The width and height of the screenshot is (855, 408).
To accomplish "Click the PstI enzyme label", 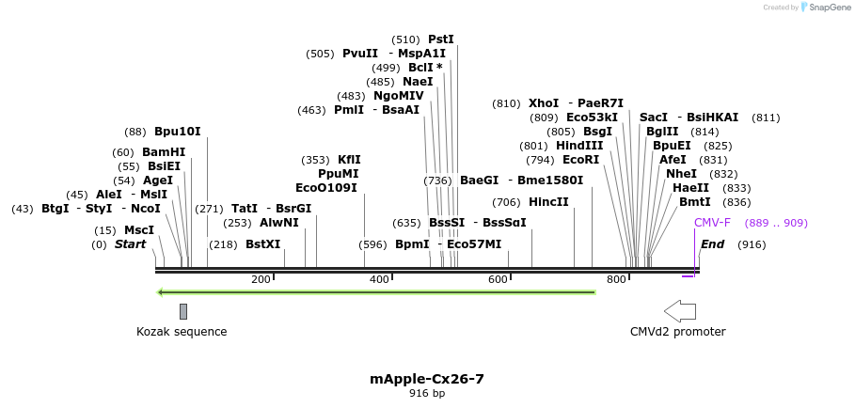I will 440,39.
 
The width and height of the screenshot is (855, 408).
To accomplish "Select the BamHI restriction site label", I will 164,152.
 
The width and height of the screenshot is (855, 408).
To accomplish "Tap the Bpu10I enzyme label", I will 178,132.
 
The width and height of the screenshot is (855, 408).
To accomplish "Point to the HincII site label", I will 548,202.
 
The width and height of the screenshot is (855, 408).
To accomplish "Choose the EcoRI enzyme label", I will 580,160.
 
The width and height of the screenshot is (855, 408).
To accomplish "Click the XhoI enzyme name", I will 544,103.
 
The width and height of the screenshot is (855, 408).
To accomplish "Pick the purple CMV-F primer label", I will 712,223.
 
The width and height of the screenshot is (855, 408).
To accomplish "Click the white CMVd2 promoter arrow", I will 679,311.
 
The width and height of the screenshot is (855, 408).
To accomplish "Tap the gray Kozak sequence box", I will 183,311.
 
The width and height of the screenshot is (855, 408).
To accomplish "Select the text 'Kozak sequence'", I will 182,332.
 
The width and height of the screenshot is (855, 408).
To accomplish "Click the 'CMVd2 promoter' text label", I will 677,332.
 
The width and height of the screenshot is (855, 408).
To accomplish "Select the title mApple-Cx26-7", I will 427,379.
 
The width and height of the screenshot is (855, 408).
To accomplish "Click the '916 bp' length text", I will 427,394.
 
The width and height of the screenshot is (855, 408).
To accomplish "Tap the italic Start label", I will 130,244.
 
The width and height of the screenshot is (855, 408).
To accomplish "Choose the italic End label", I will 712,244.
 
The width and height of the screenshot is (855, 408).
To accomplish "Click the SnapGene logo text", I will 831,8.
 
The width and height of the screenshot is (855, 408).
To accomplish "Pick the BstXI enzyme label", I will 263,244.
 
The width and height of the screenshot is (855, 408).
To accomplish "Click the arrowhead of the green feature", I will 161,292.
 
